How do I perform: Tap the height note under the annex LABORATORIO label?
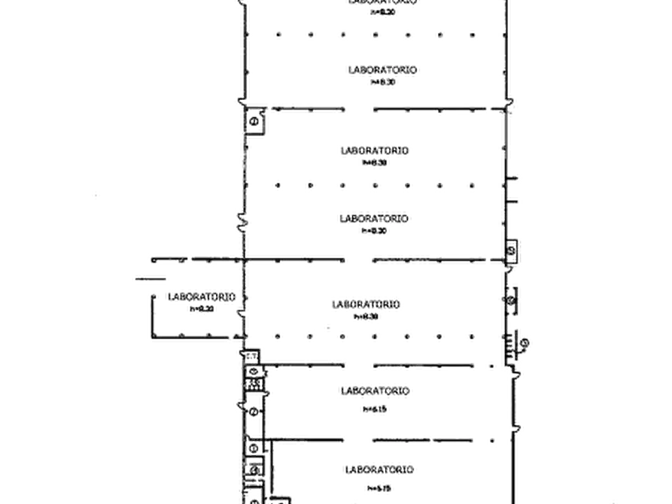click(x=200, y=308)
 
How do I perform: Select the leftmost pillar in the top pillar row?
click(x=277, y=35)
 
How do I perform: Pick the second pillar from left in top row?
click(x=310, y=35)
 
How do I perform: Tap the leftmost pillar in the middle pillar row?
click(x=278, y=184)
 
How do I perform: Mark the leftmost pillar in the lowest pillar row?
click(x=277, y=335)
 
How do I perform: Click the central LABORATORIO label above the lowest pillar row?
click(x=368, y=305)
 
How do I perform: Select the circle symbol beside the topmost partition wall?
click(x=255, y=119)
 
